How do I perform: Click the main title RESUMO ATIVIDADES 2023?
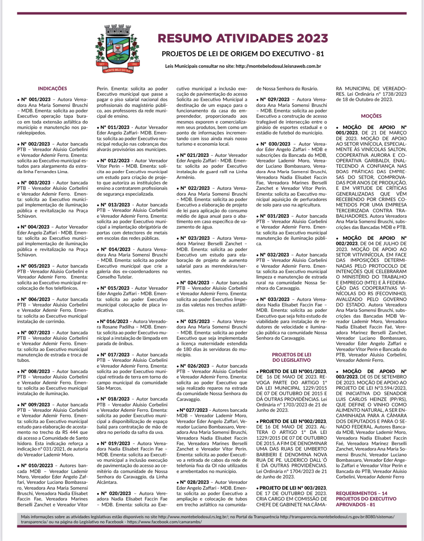(x=243, y=38)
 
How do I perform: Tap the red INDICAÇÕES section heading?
(x=52, y=88)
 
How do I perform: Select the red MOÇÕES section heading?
(x=371, y=116)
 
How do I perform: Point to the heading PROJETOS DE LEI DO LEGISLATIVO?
(x=291, y=357)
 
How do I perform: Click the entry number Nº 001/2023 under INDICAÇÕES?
(x=36, y=100)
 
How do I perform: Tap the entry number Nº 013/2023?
(x=115, y=205)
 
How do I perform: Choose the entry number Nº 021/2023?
(x=195, y=155)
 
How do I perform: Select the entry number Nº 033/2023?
(x=274, y=299)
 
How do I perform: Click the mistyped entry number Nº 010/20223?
(x=37, y=466)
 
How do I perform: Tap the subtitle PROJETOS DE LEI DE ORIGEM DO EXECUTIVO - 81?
(x=243, y=54)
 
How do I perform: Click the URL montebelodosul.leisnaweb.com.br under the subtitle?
(x=278, y=66)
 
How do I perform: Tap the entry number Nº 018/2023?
(x=115, y=399)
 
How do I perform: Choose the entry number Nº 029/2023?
(x=274, y=100)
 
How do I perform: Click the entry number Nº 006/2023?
(x=36, y=299)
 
